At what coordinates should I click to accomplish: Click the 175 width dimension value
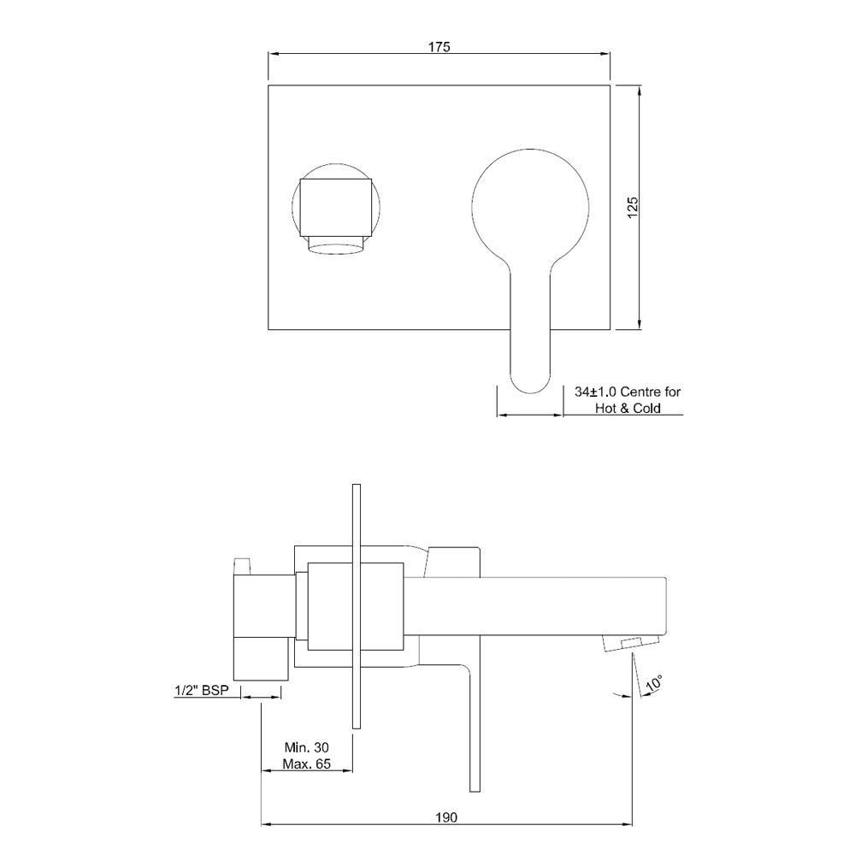pyautogui.click(x=439, y=47)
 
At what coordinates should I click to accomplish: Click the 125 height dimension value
pyautogui.click(x=633, y=206)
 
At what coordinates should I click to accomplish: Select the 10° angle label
pyautogui.click(x=655, y=684)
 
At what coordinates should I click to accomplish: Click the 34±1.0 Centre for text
pyautogui.click(x=628, y=392)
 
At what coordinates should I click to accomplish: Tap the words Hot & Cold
pyautogui.click(x=628, y=409)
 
